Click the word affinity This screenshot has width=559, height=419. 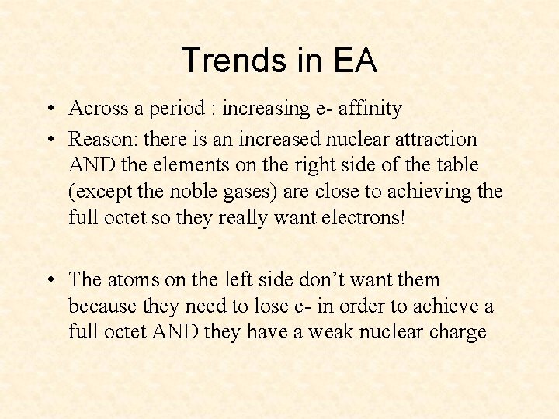tap(369, 109)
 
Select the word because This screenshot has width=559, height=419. tap(99, 306)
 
